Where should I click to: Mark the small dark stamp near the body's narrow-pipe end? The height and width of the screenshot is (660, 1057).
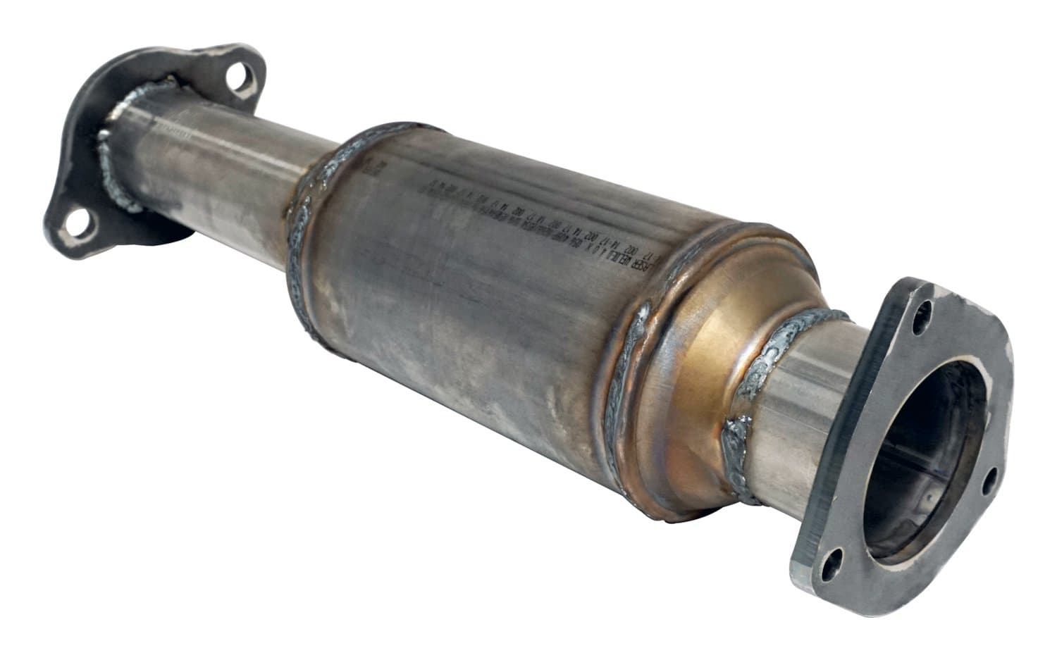point(372,169)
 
